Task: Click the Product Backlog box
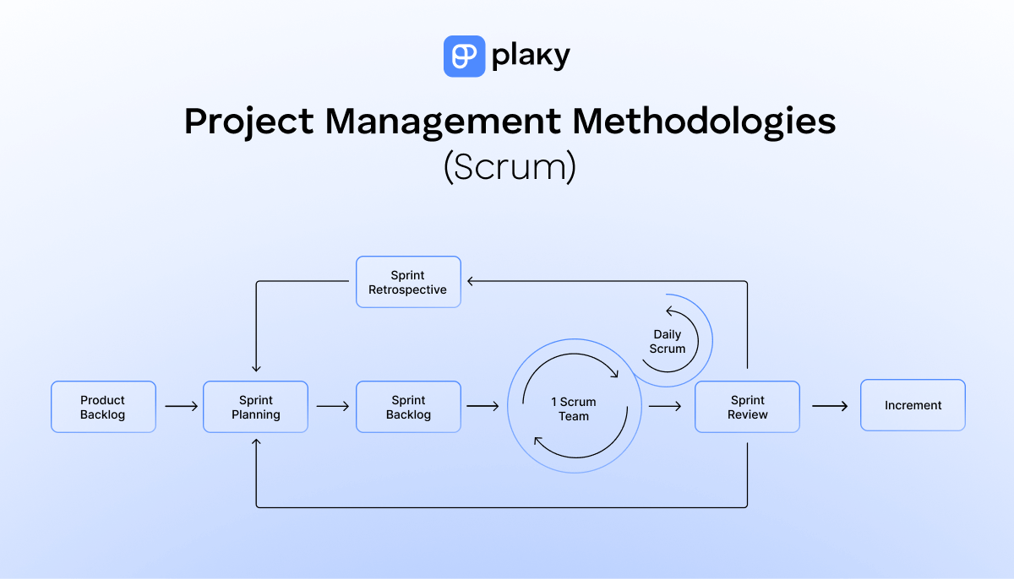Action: (x=103, y=407)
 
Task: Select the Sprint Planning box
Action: (x=255, y=407)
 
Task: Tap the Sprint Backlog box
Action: (x=408, y=407)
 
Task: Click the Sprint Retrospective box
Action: (x=408, y=282)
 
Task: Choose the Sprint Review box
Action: (x=747, y=407)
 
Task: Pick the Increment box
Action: (x=913, y=406)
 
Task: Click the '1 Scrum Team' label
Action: (x=574, y=409)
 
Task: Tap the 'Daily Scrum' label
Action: (x=668, y=342)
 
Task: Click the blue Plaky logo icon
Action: (x=464, y=57)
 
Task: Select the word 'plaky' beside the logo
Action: (x=531, y=57)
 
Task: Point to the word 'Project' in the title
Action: (x=248, y=122)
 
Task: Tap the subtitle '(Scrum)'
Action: (x=509, y=166)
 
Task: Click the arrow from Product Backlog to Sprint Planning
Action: (x=181, y=407)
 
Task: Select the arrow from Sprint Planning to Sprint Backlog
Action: (x=333, y=407)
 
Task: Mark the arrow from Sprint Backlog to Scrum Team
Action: (x=483, y=407)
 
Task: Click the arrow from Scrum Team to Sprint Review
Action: (x=665, y=407)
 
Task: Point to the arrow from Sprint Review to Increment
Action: (x=830, y=407)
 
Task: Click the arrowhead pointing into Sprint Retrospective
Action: (x=470, y=282)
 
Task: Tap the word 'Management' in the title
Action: (x=444, y=122)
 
